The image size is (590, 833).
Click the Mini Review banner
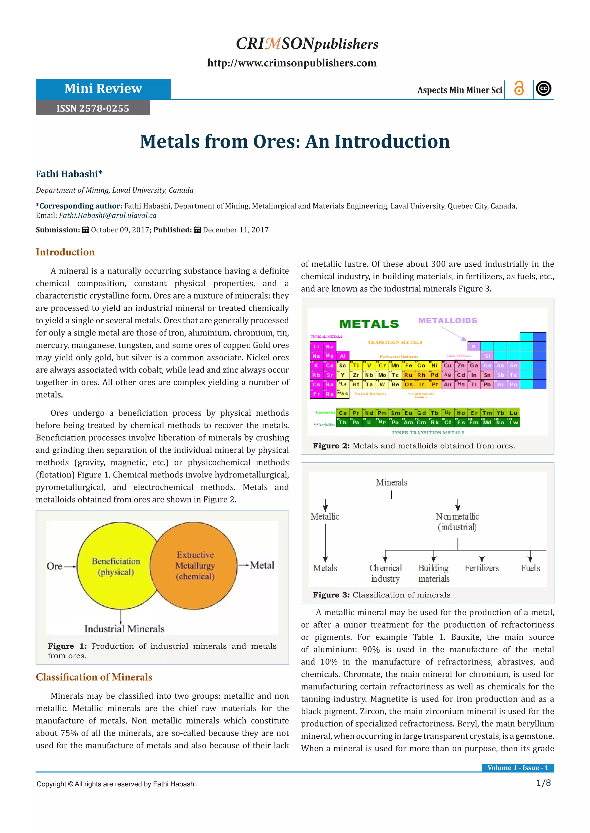[103, 89]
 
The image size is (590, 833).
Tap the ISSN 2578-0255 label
[93, 108]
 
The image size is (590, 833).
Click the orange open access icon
[519, 89]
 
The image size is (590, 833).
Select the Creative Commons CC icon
[544, 89]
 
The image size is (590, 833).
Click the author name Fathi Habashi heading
[69, 174]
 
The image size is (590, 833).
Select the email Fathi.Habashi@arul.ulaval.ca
[107, 215]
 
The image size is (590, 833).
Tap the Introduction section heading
[65, 252]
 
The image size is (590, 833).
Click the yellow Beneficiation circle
[116, 566]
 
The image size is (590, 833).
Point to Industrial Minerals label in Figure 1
[124, 629]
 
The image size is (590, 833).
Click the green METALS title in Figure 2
[369, 324]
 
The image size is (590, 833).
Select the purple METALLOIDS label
[448, 321]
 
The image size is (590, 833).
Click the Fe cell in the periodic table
[408, 365]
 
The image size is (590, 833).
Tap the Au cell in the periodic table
[448, 384]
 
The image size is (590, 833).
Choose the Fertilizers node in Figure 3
[481, 568]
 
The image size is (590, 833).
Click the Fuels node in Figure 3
[530, 568]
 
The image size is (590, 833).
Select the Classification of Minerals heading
[94, 677]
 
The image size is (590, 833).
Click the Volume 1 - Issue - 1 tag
[517, 768]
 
